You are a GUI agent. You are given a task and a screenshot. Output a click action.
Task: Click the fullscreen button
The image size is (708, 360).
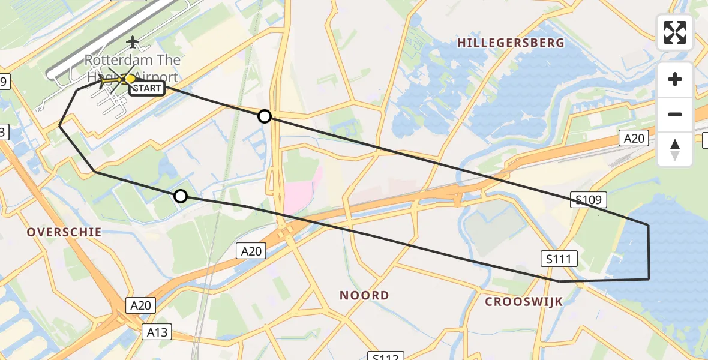point(675,32)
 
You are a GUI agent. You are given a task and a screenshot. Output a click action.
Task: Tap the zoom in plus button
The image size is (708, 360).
point(675,79)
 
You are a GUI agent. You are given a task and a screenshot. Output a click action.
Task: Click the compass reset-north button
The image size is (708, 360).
point(675,149)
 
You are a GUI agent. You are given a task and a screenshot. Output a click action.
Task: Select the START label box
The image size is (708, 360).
point(146,89)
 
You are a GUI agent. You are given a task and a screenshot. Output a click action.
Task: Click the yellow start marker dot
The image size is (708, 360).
point(130,78)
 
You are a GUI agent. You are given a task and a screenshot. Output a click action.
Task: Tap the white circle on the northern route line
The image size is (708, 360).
point(265,116)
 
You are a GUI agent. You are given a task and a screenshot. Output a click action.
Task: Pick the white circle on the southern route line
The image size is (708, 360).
point(181,196)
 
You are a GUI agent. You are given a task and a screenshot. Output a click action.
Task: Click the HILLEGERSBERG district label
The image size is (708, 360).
point(511,43)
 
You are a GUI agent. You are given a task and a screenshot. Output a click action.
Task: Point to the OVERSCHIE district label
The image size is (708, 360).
point(64,232)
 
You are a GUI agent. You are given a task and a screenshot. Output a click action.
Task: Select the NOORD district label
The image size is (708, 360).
point(364,295)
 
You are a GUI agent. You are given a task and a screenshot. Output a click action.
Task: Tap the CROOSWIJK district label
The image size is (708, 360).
point(524,302)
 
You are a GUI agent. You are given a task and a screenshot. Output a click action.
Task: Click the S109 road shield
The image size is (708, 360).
point(589,200)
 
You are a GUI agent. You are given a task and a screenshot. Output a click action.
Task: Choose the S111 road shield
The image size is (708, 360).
point(559,259)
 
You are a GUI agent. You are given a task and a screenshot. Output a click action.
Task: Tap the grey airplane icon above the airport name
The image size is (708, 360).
point(133,43)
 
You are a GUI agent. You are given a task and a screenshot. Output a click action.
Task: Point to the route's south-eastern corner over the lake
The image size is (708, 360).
point(649,279)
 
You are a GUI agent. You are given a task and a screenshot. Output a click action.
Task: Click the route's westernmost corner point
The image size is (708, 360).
point(59,125)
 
